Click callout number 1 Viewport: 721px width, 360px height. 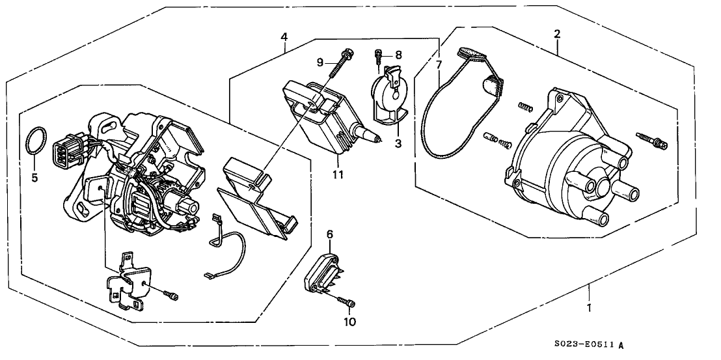(589, 309)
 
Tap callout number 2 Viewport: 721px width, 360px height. (558, 33)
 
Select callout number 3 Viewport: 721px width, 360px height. (398, 141)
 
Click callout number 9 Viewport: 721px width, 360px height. (320, 62)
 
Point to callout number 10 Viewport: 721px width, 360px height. (349, 321)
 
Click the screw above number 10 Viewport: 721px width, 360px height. (348, 301)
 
